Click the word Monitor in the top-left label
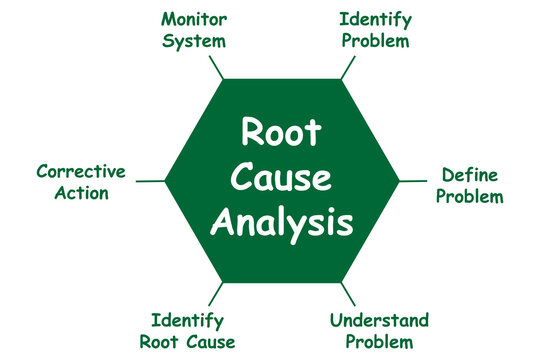tap(194, 20)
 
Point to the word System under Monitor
tap(194, 41)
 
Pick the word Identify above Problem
tap(374, 20)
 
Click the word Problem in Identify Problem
tap(374, 41)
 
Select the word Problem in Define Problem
tap(470, 196)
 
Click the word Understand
tap(379, 321)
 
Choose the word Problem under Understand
tap(379, 342)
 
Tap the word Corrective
tap(80, 172)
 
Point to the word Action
tap(80, 193)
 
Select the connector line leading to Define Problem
tap(414, 182)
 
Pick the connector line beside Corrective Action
tap(150, 182)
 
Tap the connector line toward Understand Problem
tap(347, 294)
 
